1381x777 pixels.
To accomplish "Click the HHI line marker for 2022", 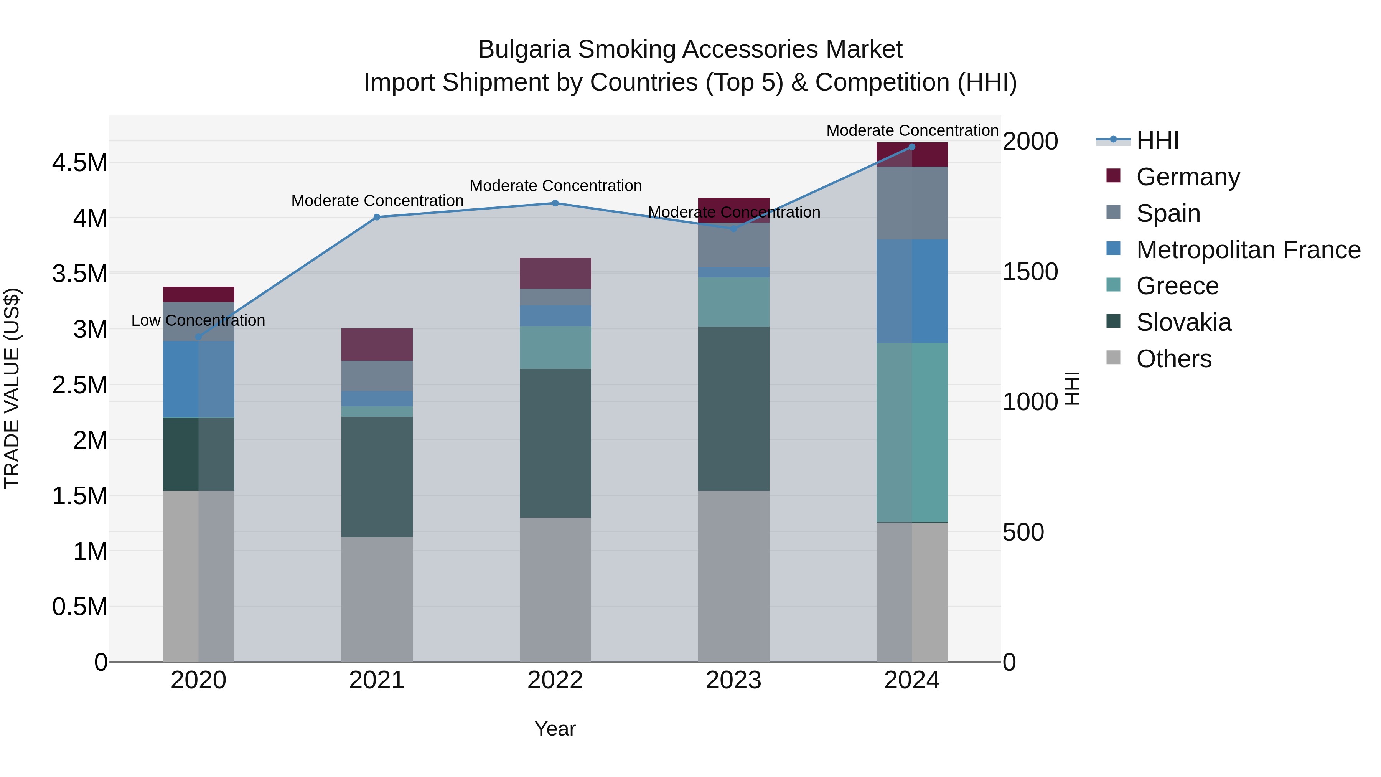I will pos(555,203).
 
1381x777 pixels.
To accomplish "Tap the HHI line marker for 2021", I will pos(377,217).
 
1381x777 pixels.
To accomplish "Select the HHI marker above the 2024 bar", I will pos(912,147).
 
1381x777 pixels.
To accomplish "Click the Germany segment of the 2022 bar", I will pos(555,274).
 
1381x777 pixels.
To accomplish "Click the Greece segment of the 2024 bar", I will pos(912,432).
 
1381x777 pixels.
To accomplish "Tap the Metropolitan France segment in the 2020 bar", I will pos(198,379).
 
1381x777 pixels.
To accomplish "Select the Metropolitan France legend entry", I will pos(1248,250).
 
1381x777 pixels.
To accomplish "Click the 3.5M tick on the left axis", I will pos(80,274).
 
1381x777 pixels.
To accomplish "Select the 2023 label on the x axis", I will pos(733,680).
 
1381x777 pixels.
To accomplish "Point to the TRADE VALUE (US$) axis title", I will pos(12,388).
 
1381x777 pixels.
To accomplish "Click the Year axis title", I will pos(555,729).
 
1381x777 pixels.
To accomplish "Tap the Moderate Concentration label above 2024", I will pos(912,130).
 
